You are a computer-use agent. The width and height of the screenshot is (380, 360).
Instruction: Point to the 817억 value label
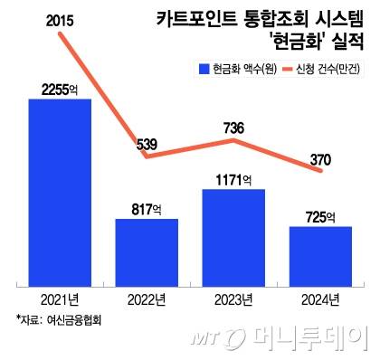(147, 208)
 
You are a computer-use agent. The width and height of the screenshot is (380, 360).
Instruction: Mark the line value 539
(147, 141)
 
